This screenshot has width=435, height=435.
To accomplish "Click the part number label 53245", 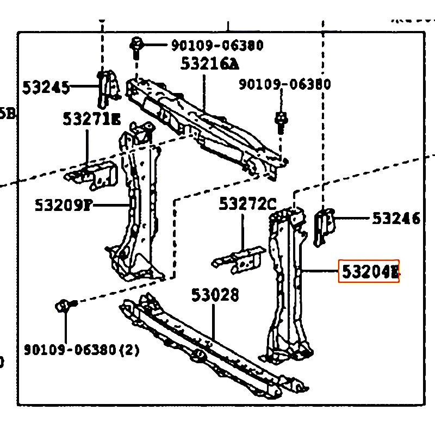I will coord(46,87).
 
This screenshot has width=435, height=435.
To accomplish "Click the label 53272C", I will coord(247,204).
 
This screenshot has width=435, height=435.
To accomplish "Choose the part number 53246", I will coord(396,219).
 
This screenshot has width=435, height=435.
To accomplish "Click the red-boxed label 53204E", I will coord(369,271).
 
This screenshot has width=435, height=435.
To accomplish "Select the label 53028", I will coord(215,295).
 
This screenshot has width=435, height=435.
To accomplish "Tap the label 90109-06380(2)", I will coord(82,350).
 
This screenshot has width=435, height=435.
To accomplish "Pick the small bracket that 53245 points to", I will coord(108,88).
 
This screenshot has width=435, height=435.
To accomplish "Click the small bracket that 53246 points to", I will coord(325,225).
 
